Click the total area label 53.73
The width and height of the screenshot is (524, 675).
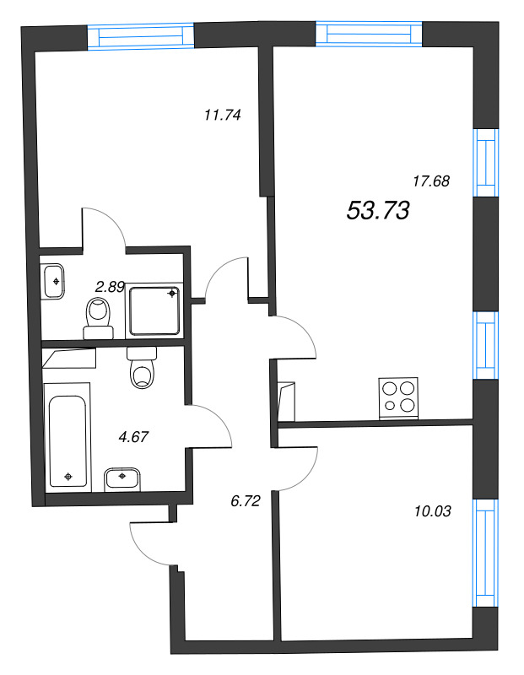(x=377, y=211)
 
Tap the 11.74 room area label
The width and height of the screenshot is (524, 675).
(x=223, y=116)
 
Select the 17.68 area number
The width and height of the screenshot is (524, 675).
(x=430, y=180)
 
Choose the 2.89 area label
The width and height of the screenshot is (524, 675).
(x=110, y=287)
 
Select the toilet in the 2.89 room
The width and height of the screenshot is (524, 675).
(x=100, y=316)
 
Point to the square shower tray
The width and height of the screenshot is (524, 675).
(x=155, y=309)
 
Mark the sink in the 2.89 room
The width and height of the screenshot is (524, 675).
(x=54, y=280)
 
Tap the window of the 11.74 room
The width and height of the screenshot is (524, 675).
(x=141, y=37)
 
